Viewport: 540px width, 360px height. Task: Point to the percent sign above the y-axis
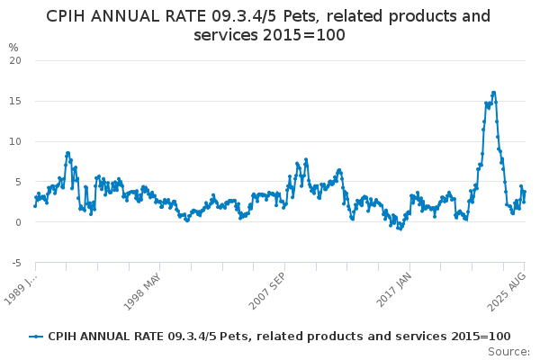(x=13, y=47)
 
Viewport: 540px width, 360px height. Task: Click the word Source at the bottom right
(x=509, y=351)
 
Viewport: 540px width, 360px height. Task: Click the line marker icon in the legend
(x=36, y=336)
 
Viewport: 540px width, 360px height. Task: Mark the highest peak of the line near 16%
(x=493, y=92)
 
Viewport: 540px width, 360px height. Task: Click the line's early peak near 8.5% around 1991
(x=67, y=153)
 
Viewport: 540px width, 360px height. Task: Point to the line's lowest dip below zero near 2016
(x=400, y=229)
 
